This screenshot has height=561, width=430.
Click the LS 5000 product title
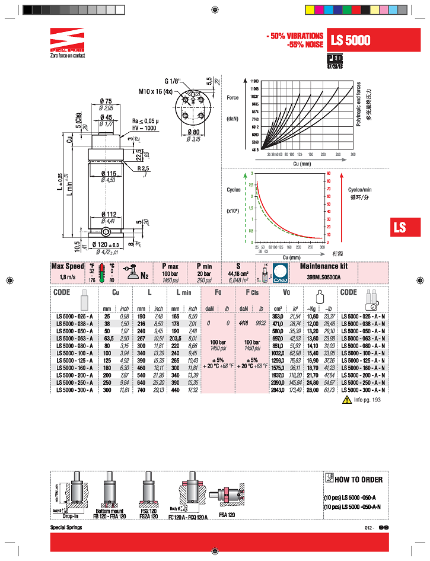(x=351, y=40)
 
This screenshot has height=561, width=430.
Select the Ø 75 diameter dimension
(x=107, y=101)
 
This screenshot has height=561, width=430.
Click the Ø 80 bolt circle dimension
(x=193, y=132)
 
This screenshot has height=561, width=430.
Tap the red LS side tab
(x=400, y=227)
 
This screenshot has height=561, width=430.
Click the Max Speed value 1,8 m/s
(x=68, y=277)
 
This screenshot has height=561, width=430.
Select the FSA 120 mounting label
(x=227, y=515)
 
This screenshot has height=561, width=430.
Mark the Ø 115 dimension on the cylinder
(x=107, y=173)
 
